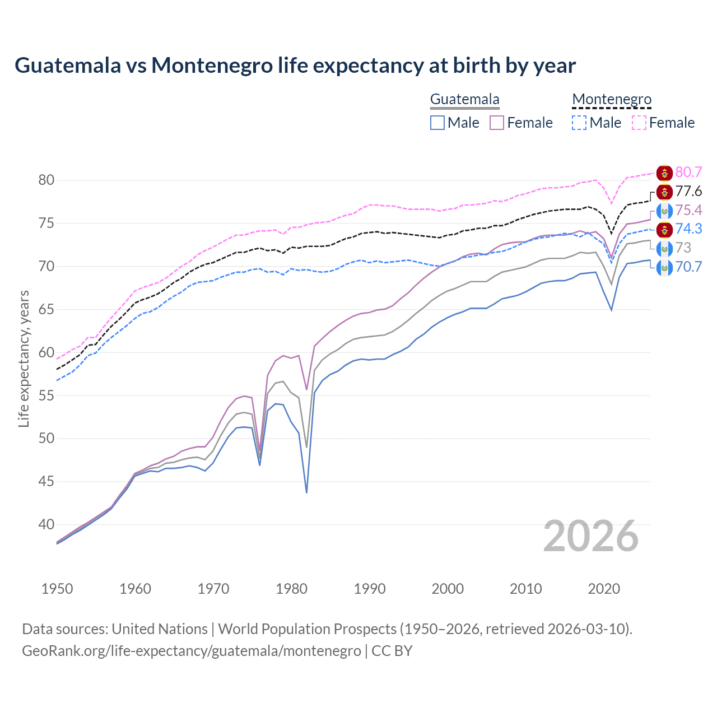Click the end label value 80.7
[x=688, y=173]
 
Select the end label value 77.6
[x=688, y=192]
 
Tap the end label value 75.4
[x=688, y=210]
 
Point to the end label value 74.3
[x=688, y=229]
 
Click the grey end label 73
[x=683, y=248]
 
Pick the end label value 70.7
[x=688, y=267]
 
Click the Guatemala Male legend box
[x=437, y=123]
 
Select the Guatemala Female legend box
[x=497, y=123]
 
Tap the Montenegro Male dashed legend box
[x=579, y=123]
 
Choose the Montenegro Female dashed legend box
[x=639, y=123]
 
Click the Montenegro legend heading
[x=612, y=100]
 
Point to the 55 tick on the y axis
[x=46, y=395]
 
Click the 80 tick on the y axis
[x=46, y=180]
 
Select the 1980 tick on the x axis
[x=291, y=589]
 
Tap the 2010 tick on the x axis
[x=525, y=589]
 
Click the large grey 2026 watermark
[x=590, y=537]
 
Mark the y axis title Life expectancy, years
[x=24, y=358]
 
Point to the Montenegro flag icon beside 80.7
[x=664, y=173]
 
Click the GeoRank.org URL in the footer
[x=191, y=651]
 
